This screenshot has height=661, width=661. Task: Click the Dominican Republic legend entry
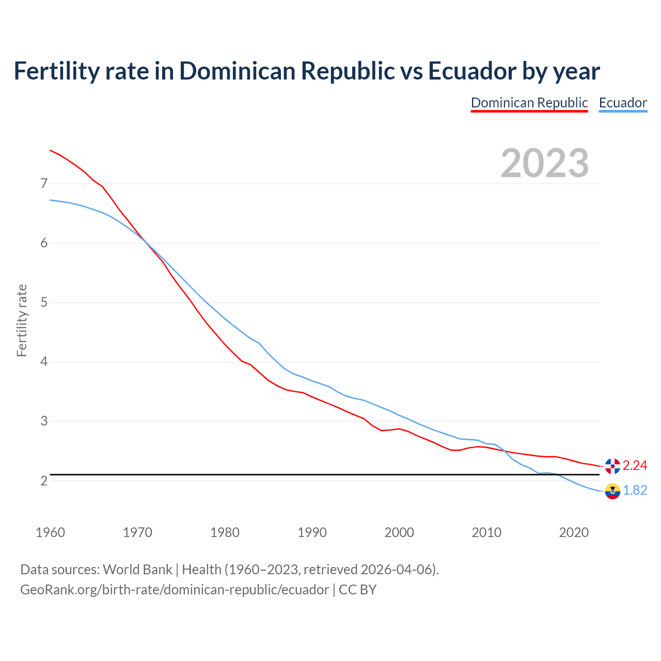click(529, 103)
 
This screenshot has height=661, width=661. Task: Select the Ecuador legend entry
click(623, 103)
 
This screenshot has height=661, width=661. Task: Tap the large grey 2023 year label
click(545, 163)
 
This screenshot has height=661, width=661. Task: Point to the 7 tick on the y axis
click(44, 184)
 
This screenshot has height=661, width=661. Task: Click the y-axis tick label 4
click(44, 362)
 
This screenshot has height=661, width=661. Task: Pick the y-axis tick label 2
click(44, 481)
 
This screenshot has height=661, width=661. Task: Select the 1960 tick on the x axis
click(50, 532)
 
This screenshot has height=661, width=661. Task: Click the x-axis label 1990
click(312, 532)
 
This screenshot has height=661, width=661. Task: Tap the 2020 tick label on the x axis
click(574, 532)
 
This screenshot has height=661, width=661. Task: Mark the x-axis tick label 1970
click(137, 532)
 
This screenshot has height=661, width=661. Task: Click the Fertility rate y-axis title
click(22, 320)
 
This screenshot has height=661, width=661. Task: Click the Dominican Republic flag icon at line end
click(612, 466)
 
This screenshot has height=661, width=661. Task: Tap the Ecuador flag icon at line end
click(612, 491)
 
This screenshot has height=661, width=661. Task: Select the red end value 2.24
click(635, 466)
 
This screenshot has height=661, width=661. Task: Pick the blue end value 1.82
click(635, 491)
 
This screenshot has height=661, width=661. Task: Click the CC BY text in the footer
click(357, 590)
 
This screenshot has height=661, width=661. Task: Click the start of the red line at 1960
click(51, 150)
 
